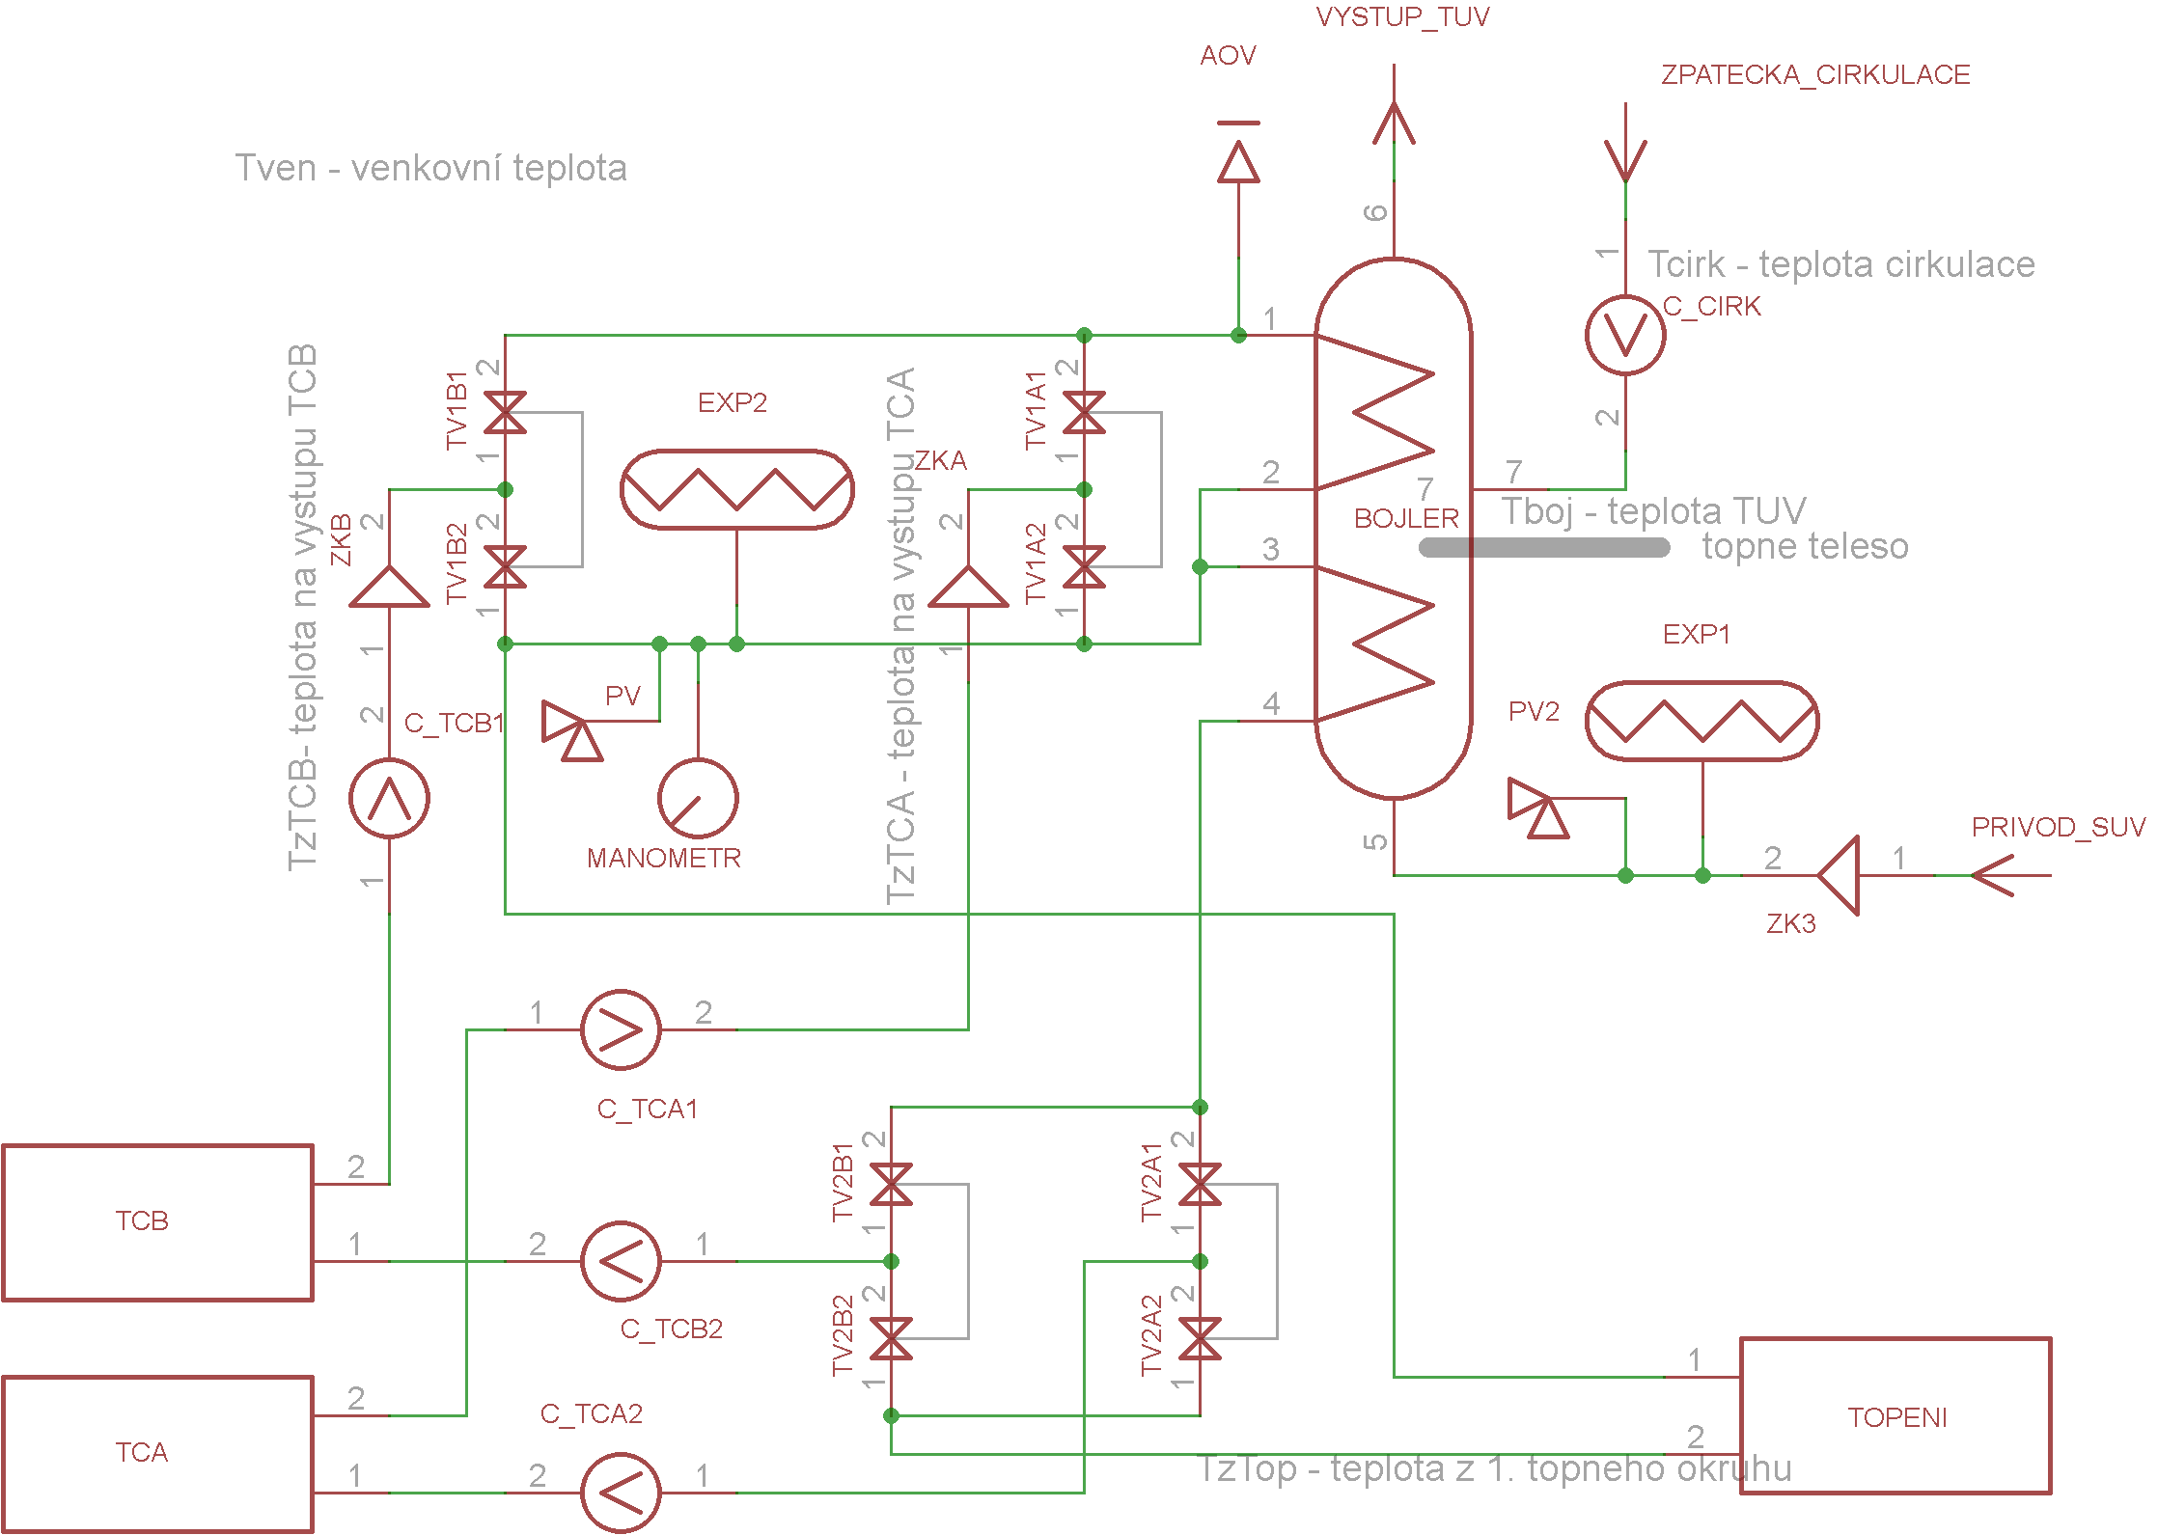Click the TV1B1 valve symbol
505,412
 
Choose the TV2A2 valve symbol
1200,1338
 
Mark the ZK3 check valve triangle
1838,875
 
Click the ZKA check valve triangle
968,586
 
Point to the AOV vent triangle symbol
1238,161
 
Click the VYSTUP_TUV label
1402,17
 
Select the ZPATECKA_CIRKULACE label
1815,75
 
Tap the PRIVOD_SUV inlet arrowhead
1992,875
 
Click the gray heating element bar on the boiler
1544,547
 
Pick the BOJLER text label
1406,519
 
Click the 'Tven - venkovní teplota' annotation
431,168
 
